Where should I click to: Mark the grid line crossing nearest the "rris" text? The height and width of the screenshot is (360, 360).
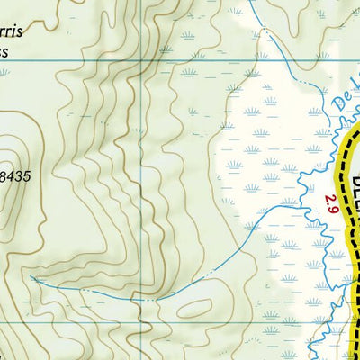click(144, 61)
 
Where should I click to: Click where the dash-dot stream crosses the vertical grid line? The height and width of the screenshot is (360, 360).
click(144, 297)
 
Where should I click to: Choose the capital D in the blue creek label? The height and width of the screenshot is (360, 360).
click(337, 104)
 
